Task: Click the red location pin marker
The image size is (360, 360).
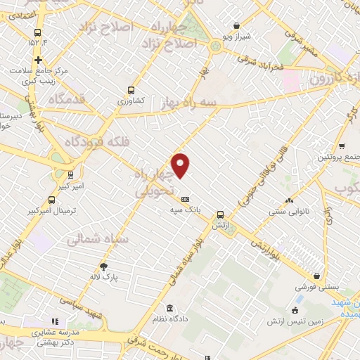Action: pos(181,165)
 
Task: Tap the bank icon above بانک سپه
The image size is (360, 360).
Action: pos(185,199)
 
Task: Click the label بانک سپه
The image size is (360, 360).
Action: pos(185,210)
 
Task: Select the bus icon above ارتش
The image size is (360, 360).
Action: pos(221,215)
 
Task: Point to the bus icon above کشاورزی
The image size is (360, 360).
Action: pos(131,90)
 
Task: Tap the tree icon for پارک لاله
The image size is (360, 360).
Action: pos(105,266)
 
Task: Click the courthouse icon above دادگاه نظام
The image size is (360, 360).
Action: pos(169,308)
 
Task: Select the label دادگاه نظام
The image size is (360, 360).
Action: pos(169,319)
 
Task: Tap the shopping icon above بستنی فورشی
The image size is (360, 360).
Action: pos(318,276)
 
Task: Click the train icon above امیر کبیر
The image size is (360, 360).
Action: pos(70,174)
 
